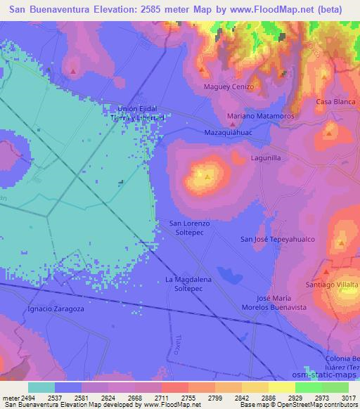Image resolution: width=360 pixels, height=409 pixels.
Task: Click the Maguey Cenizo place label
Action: [229, 87]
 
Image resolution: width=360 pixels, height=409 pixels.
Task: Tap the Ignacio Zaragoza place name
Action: [56, 309]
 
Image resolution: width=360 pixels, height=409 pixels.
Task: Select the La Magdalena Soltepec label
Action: [188, 283]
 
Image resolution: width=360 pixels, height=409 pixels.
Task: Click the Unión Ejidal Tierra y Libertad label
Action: [141, 113]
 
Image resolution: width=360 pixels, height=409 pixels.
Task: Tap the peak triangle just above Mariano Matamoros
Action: [232, 105]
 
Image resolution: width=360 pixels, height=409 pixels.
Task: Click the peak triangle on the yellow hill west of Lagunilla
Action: [207, 176]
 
